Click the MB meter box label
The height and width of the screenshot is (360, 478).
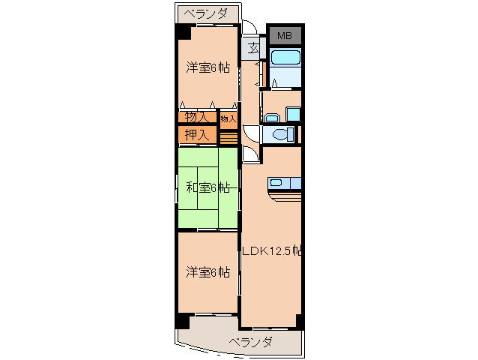(x=285, y=35)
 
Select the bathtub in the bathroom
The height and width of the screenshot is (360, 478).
(x=285, y=58)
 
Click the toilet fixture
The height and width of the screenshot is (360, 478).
(x=280, y=135)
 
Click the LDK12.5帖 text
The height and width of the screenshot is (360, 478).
(x=271, y=250)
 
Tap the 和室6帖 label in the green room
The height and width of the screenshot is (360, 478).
(x=207, y=187)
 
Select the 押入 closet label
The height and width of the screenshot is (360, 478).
(x=197, y=135)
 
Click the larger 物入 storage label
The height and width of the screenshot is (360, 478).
(x=196, y=117)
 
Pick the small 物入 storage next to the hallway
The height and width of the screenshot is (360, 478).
(x=228, y=118)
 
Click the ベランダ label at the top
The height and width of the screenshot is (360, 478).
(x=208, y=13)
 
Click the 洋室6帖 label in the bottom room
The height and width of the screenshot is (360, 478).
(x=208, y=272)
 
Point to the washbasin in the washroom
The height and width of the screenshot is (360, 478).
(x=271, y=116)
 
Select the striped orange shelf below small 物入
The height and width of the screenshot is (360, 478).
(x=228, y=136)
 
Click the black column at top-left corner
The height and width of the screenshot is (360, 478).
(x=184, y=33)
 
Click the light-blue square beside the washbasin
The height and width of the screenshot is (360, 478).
(x=293, y=115)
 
